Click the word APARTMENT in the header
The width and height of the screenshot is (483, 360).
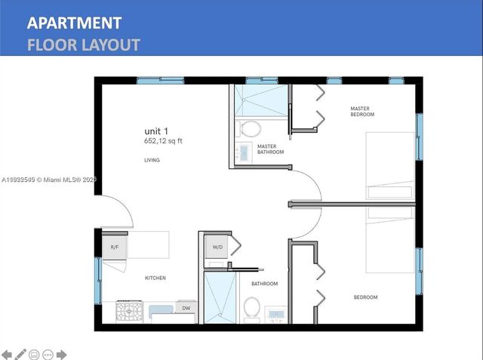pyautogui.click(x=74, y=23)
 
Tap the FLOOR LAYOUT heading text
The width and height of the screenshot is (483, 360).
pyautogui.click(x=83, y=45)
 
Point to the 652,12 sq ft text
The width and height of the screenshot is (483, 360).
pyautogui.click(x=163, y=141)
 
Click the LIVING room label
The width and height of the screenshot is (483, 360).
pyautogui.click(x=152, y=160)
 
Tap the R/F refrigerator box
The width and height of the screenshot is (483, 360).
pyautogui.click(x=115, y=248)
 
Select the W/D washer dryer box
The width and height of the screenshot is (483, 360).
pyautogui.click(x=217, y=247)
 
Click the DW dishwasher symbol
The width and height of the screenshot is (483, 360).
pyautogui.click(x=186, y=308)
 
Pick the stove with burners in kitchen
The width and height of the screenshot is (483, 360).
pyautogui.click(x=128, y=311)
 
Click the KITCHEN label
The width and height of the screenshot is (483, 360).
pyautogui.click(x=155, y=278)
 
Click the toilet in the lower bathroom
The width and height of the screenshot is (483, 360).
pyautogui.click(x=252, y=308)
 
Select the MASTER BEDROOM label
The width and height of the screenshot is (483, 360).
pyautogui.click(x=362, y=111)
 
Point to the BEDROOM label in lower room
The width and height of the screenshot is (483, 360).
pyautogui.click(x=365, y=297)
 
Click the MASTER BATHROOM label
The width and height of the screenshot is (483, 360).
pyautogui.click(x=270, y=149)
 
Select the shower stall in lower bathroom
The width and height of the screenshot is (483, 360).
pyautogui.click(x=220, y=297)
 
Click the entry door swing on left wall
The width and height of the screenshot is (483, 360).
pyautogui.click(x=117, y=212)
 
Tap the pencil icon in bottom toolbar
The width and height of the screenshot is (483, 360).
pyautogui.click(x=20, y=353)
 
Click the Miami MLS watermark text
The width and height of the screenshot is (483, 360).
pyautogui.click(x=49, y=180)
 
